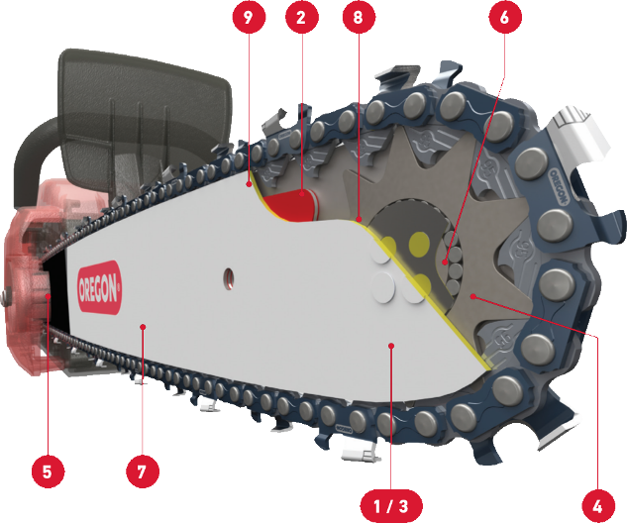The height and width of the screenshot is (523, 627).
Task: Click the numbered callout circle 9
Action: [x=249, y=17]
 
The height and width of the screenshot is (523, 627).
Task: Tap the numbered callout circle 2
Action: [x=302, y=17]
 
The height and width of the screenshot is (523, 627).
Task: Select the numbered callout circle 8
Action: [x=359, y=17]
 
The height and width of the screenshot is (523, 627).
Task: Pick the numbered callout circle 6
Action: [x=505, y=17]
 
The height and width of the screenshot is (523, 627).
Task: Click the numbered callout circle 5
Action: [x=48, y=471]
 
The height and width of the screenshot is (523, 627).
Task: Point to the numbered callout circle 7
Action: [x=143, y=471]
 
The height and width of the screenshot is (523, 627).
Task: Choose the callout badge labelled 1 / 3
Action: [x=391, y=506]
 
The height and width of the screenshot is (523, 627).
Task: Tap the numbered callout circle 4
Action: [x=598, y=506]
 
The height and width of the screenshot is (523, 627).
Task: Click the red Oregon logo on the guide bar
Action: [x=99, y=287]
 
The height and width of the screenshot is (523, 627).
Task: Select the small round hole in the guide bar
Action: [x=229, y=278]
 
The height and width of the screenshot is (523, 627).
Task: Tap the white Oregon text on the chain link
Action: [x=559, y=187]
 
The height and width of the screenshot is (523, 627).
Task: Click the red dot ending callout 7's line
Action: [x=143, y=327]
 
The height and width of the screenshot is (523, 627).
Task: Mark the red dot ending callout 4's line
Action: [x=473, y=296]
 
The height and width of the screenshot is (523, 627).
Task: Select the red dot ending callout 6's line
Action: [x=445, y=262]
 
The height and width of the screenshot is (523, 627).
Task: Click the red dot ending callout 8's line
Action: [x=360, y=219]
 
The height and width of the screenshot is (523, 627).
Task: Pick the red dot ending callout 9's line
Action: [x=250, y=184]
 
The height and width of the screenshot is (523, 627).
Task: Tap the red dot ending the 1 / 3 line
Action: [x=392, y=346]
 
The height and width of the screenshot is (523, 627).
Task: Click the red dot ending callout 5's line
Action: [x=48, y=296]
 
